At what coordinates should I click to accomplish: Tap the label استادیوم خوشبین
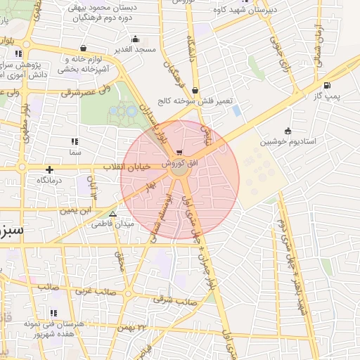(x=288, y=141)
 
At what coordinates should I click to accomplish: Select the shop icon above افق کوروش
(x=181, y=152)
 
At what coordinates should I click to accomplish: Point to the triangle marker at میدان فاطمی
(x=112, y=214)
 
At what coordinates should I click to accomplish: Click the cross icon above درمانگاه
(x=49, y=169)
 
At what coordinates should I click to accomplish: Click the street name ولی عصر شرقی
(x=86, y=91)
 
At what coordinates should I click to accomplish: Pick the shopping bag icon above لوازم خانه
(x=84, y=49)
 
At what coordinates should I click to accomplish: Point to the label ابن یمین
(x=76, y=210)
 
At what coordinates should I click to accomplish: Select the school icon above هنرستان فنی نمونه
(x=54, y=314)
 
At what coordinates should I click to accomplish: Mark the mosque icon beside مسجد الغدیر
(x=135, y=39)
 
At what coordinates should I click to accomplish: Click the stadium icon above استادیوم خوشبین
(x=288, y=131)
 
